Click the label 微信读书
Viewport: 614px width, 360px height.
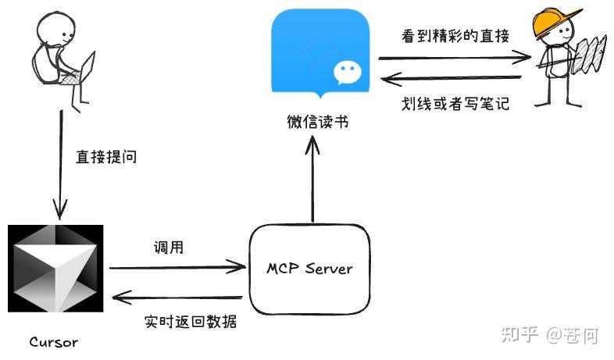tap(317, 123)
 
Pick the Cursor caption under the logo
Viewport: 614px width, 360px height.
tap(54, 342)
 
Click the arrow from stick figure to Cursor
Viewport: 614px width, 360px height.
tap(59, 164)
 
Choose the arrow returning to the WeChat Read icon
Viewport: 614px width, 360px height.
tap(452, 78)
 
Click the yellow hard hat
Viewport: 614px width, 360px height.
tap(556, 20)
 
